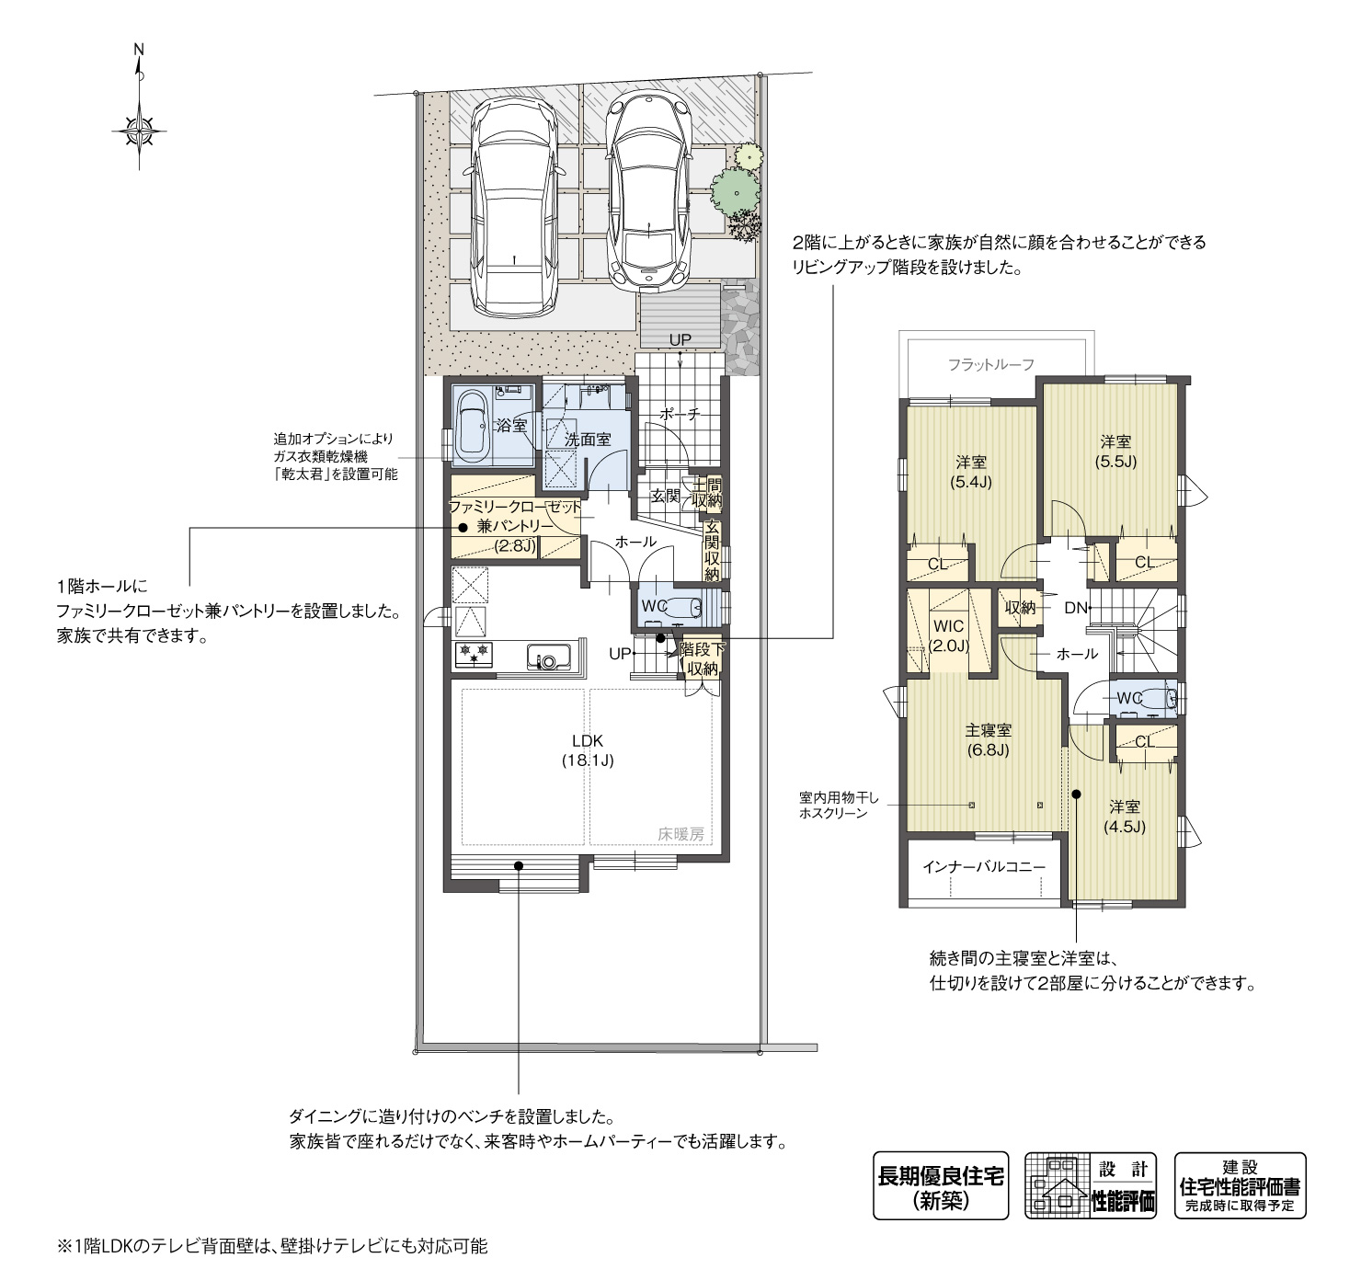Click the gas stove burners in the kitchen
(475, 656)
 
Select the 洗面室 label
(588, 440)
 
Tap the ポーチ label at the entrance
(680, 415)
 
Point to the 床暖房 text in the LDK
(680, 834)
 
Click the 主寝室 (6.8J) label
(988, 739)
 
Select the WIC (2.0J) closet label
(948, 635)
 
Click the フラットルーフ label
(990, 365)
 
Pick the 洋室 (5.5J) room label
(1115, 452)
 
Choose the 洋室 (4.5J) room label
(1124, 816)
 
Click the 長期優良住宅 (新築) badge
(940, 1185)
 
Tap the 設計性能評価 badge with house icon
(1092, 1185)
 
